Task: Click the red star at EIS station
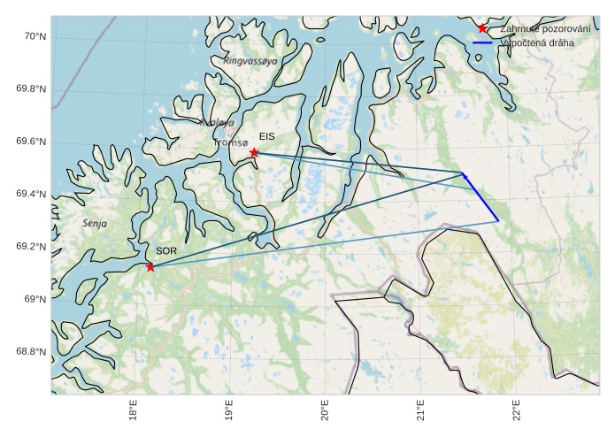pos(254,153)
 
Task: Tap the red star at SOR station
pos(150,266)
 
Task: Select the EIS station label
pos(267,136)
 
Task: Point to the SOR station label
pos(166,251)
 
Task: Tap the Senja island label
pos(95,224)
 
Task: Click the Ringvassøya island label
pos(250,61)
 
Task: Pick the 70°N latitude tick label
pos(35,36)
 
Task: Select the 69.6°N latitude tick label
pos(31,142)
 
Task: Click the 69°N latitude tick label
pos(35,299)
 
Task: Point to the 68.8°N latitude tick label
pos(31,352)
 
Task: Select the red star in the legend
pos(482,28)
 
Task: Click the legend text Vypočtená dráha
pos(536,42)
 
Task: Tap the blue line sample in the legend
pos(482,42)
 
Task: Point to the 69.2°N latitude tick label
pos(31,247)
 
